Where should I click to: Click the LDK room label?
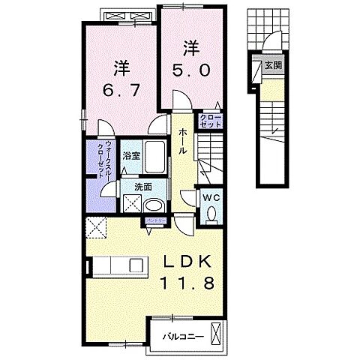click(189, 262)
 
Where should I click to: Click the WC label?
click(210, 197)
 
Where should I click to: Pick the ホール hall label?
click(183, 140)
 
